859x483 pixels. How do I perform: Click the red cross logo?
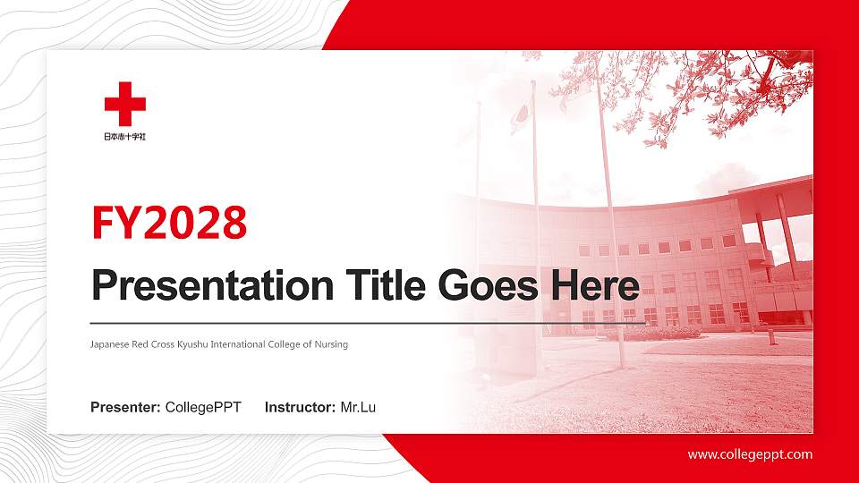pos(124,104)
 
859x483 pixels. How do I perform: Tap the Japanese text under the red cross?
pos(124,137)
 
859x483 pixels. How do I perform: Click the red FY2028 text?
pos(169,224)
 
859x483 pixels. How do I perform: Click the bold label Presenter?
pos(125,408)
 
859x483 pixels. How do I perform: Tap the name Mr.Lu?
pos(358,408)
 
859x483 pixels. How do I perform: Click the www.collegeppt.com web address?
pos(750,454)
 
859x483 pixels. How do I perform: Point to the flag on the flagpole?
pos(519,117)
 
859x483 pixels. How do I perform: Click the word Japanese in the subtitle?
pos(109,344)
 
